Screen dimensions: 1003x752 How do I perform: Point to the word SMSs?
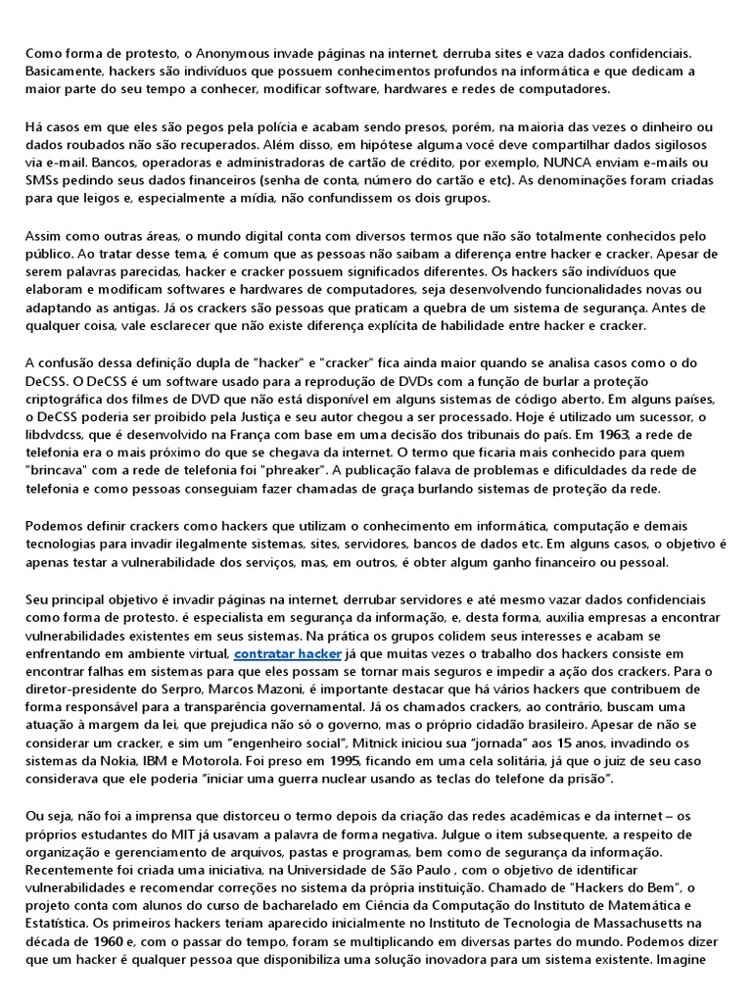pyautogui.click(x=46, y=183)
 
